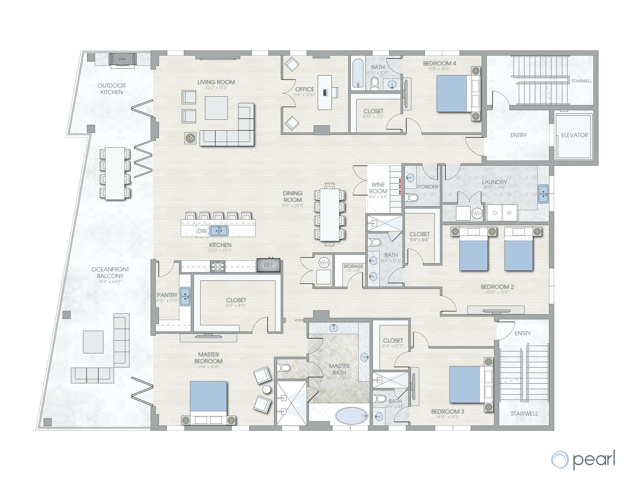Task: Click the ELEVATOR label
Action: pyautogui.click(x=574, y=135)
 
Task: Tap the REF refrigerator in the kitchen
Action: pyautogui.click(x=268, y=265)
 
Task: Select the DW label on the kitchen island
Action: pyautogui.click(x=202, y=231)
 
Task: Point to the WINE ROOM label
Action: pyautogui.click(x=378, y=188)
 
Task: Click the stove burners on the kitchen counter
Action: pyautogui.click(x=218, y=266)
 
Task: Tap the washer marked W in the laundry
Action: pyautogui.click(x=509, y=213)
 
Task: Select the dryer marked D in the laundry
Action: pyautogui.click(x=495, y=213)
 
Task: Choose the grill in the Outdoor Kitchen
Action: pyautogui.click(x=122, y=59)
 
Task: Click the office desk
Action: pyautogui.click(x=325, y=92)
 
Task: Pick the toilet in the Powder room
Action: pyautogui.click(x=412, y=198)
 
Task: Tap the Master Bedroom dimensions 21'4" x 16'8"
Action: pyautogui.click(x=208, y=367)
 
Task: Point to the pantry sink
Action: pyautogui.click(x=185, y=296)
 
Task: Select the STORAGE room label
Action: pyautogui.click(x=353, y=266)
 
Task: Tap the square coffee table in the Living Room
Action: pyautogui.click(x=216, y=108)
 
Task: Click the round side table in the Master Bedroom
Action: pyautogui.click(x=267, y=390)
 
